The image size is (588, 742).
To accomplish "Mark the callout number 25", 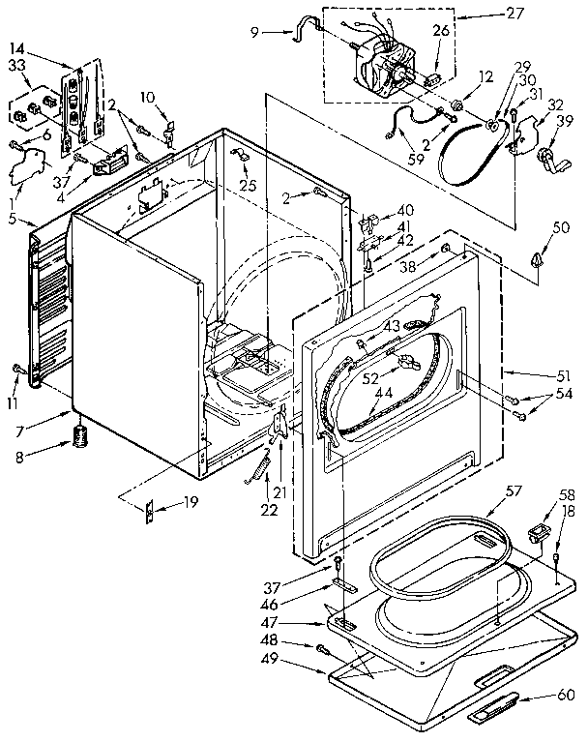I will point(250,185).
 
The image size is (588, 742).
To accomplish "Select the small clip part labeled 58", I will point(539,530).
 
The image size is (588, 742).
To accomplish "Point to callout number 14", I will point(18,47).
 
